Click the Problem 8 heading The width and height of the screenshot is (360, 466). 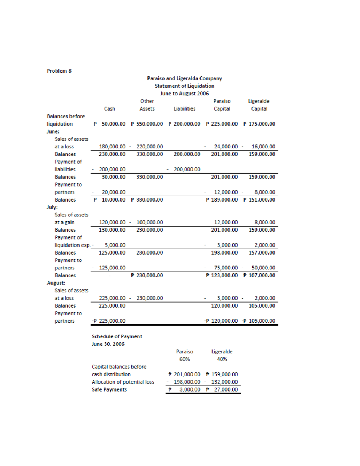(59, 71)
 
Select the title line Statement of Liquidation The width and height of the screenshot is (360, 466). (184, 86)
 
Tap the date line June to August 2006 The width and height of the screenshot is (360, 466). (184, 94)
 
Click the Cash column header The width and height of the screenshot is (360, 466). (109, 109)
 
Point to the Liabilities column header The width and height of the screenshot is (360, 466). (184, 109)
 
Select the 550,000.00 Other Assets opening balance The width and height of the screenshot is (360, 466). (149, 124)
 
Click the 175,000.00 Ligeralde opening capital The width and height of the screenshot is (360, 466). (262, 124)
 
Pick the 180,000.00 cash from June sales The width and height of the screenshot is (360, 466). (112, 147)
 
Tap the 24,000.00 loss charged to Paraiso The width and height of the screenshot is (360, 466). (226, 147)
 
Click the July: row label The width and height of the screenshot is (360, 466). (52, 207)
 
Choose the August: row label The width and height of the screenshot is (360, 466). (56, 283)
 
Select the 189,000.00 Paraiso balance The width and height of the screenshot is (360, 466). (224, 200)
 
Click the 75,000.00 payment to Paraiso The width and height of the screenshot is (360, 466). (226, 268)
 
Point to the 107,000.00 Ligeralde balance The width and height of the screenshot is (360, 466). (262, 275)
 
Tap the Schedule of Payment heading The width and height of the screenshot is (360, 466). (117, 337)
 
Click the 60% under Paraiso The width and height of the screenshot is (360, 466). (184, 359)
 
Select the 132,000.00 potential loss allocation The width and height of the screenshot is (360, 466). (224, 382)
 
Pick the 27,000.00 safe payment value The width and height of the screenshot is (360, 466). (226, 390)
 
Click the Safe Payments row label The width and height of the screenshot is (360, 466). (109, 390)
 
